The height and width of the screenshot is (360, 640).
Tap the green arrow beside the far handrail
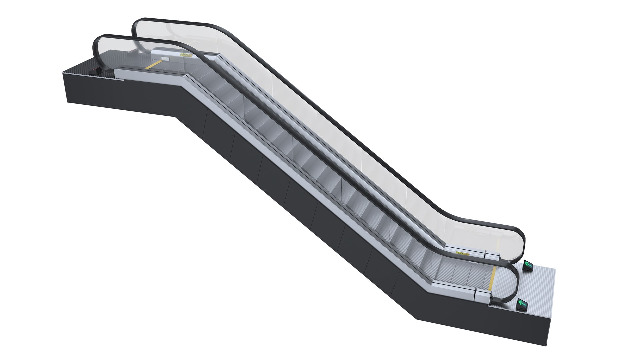pos(528,265)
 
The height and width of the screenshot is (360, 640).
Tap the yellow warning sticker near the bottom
pos(462,254)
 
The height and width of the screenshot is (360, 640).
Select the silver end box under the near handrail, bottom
pos(482,295)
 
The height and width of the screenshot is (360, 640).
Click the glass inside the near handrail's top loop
pos(113,50)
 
